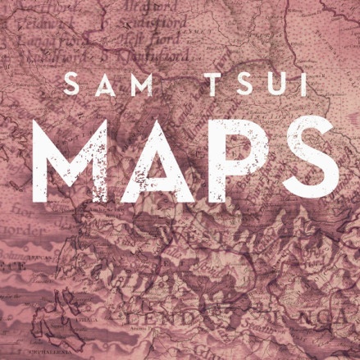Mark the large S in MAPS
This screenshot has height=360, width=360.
pos(306,155)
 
